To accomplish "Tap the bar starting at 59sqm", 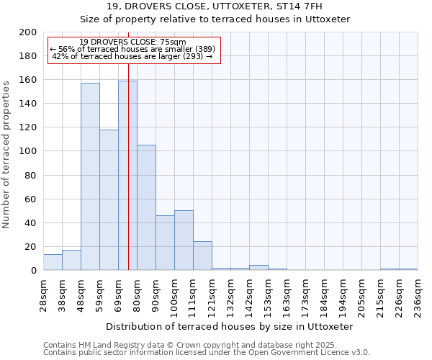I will (x=109, y=199).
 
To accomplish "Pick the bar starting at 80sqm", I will (x=146, y=207).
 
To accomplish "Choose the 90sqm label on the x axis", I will (x=156, y=292).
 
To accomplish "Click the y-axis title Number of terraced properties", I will (x=6, y=154).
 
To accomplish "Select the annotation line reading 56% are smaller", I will (x=132, y=49).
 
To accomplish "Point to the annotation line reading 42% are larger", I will (x=132, y=56).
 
